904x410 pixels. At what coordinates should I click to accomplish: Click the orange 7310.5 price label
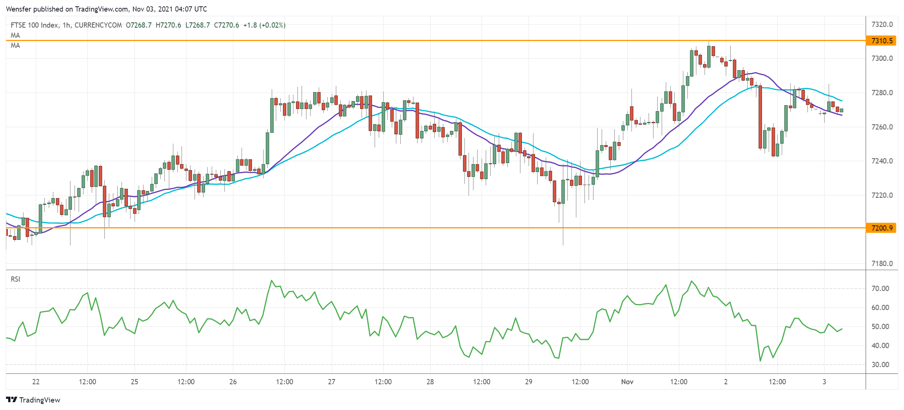(x=882, y=41)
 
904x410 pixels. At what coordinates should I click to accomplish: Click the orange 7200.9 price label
(x=882, y=228)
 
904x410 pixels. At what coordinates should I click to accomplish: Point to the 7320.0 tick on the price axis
(x=882, y=25)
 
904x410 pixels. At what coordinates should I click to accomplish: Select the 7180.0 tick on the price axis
(x=882, y=264)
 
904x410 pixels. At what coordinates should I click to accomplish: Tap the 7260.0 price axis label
(x=882, y=127)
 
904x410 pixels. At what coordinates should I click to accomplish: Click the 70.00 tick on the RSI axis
(x=880, y=288)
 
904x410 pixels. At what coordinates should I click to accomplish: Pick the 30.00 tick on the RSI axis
(x=880, y=364)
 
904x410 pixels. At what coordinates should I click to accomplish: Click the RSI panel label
(x=15, y=279)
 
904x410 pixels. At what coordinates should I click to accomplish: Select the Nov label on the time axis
(x=627, y=382)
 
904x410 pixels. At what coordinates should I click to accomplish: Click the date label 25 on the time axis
(x=134, y=382)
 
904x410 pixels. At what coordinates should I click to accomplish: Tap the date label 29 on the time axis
(x=528, y=382)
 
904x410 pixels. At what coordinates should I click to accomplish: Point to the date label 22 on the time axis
(x=36, y=382)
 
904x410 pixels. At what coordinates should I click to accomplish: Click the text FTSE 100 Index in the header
(x=34, y=25)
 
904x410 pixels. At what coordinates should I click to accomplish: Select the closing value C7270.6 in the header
(x=226, y=25)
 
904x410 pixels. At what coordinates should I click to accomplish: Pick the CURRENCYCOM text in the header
(x=98, y=25)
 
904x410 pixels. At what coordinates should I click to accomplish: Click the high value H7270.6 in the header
(x=168, y=25)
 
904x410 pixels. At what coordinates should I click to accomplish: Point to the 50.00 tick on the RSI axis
(x=880, y=326)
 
